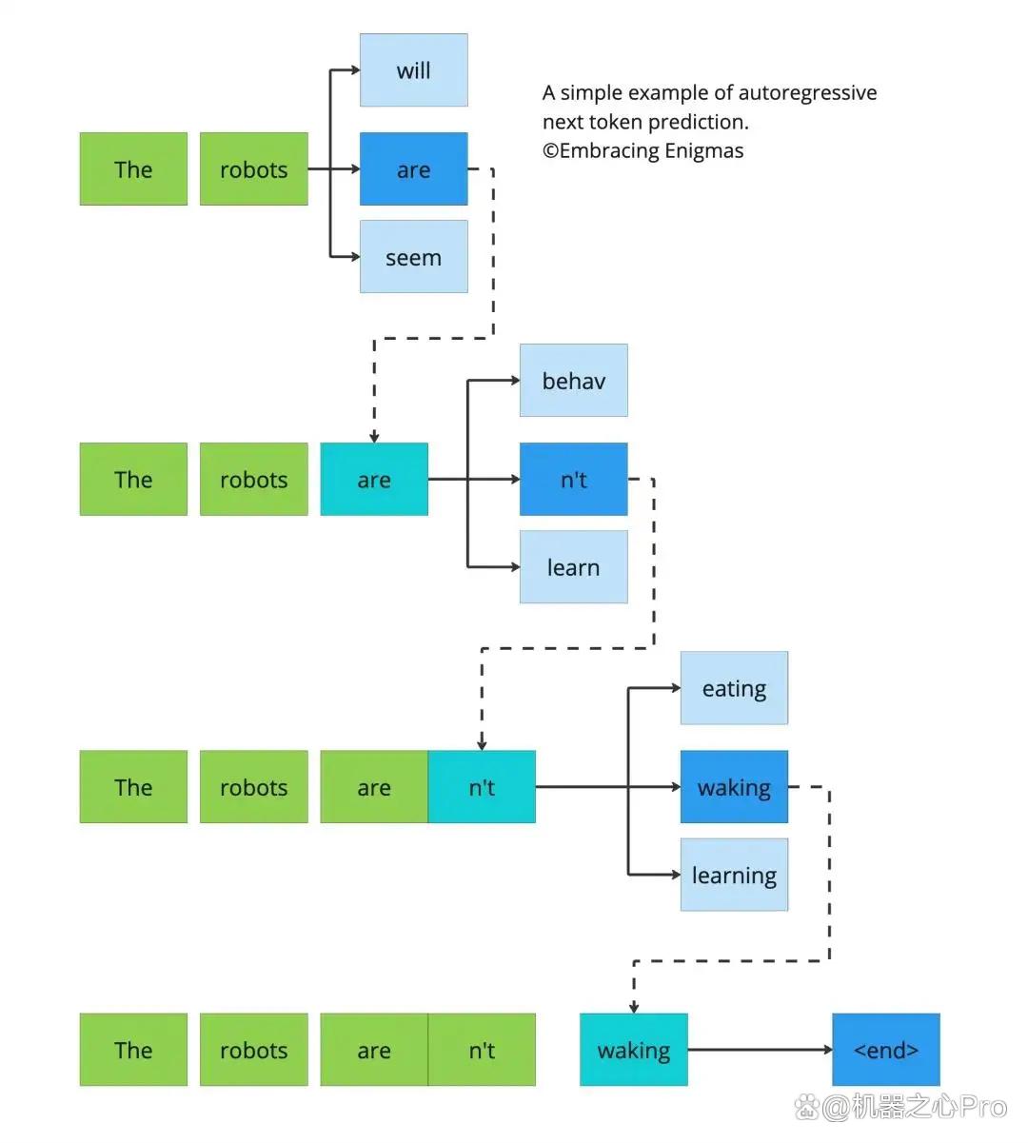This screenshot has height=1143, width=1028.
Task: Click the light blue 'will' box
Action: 413,70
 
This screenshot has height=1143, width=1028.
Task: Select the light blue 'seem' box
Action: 413,256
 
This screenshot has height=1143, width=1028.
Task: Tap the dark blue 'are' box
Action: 413,168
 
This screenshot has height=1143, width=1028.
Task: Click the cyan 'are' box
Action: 374,480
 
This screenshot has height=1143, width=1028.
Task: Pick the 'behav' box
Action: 574,380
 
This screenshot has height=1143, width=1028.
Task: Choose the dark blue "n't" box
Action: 574,480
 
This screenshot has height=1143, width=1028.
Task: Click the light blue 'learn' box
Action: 574,567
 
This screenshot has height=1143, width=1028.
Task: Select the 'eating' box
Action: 735,688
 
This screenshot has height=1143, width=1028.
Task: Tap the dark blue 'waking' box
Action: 735,787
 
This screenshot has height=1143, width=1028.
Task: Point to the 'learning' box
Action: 735,875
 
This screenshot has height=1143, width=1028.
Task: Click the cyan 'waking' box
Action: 634,1050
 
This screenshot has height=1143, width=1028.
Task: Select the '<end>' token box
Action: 886,1050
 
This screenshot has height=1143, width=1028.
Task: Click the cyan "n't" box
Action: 482,787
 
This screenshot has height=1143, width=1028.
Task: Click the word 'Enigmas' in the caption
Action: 704,151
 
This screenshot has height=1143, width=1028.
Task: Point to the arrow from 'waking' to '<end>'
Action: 760,1050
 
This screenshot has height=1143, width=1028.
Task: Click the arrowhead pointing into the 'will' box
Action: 355,70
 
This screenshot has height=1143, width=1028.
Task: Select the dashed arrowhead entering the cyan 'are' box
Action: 374,438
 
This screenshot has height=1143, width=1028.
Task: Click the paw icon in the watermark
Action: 807,1107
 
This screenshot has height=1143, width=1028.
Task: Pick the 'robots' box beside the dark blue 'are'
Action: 254,168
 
